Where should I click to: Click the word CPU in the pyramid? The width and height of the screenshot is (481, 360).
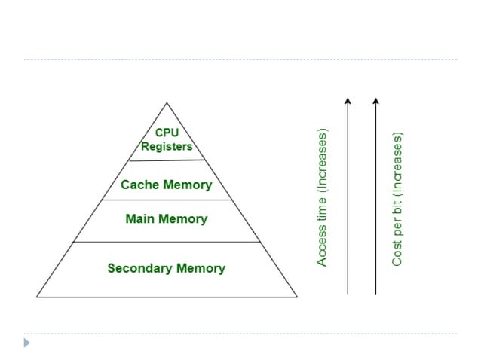(x=167, y=133)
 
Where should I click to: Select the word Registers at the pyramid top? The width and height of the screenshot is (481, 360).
(x=167, y=146)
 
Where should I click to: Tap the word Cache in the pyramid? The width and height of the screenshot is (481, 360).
(x=138, y=185)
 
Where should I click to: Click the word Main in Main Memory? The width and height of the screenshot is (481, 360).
(x=139, y=219)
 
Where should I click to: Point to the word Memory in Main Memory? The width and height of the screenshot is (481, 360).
(x=182, y=219)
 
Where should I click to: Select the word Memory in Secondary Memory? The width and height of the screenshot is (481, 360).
(x=200, y=268)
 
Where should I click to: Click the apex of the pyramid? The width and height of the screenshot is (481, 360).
(x=167, y=103)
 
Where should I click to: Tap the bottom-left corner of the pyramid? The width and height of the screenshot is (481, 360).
(x=37, y=296)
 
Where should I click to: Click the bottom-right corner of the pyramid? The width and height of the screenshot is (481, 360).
(x=297, y=296)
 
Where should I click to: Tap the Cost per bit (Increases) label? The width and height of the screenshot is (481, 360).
(x=397, y=199)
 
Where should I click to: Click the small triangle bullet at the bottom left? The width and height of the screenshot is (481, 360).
(x=27, y=343)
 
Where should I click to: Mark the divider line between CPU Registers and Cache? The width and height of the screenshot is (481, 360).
(x=167, y=160)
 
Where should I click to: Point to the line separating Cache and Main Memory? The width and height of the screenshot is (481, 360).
(x=167, y=200)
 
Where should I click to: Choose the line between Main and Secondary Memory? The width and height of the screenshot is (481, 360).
(x=167, y=242)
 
